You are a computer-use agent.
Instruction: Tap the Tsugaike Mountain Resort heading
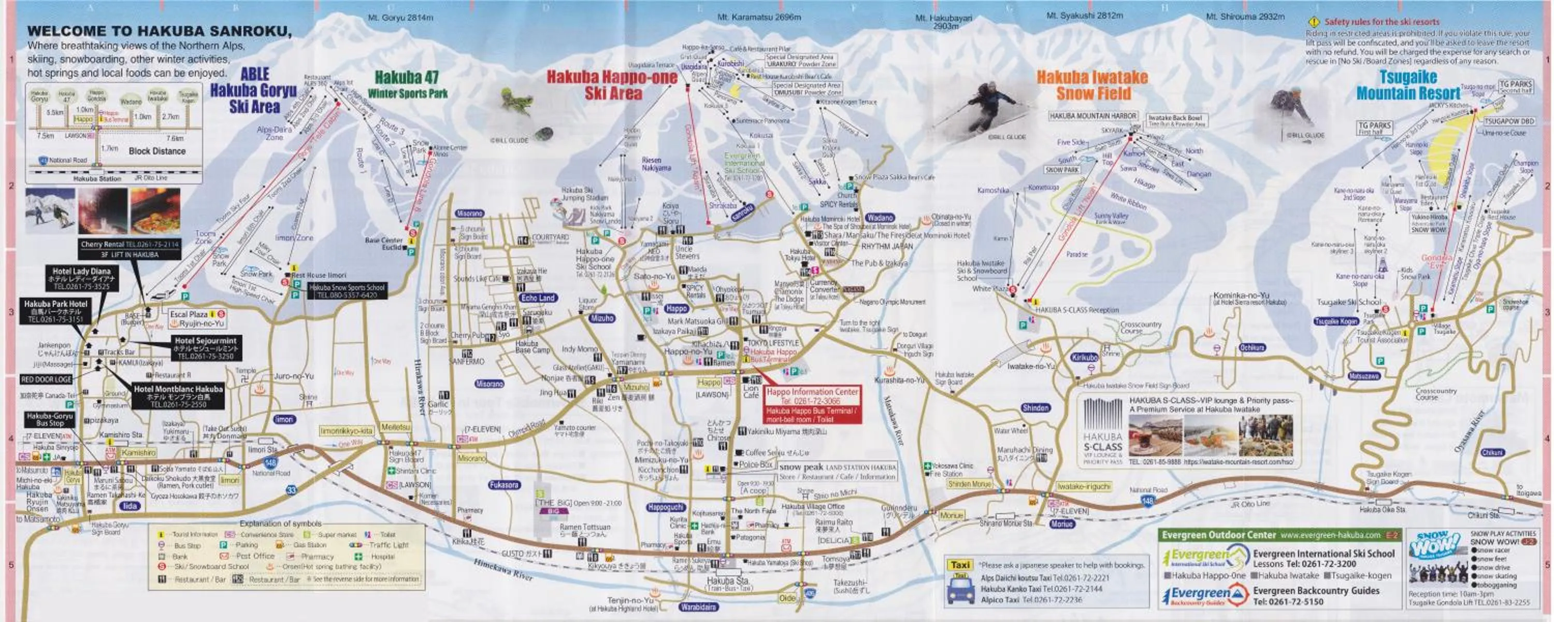1408,85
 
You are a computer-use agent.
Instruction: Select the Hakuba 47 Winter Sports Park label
407,84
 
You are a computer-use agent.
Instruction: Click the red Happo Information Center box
812,404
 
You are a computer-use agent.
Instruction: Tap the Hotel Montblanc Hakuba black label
178,396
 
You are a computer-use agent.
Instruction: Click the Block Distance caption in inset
157,151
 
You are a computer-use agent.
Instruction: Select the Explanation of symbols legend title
281,524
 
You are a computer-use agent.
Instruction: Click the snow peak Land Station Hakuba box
837,471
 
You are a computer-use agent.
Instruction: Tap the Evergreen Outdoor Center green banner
1279,535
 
